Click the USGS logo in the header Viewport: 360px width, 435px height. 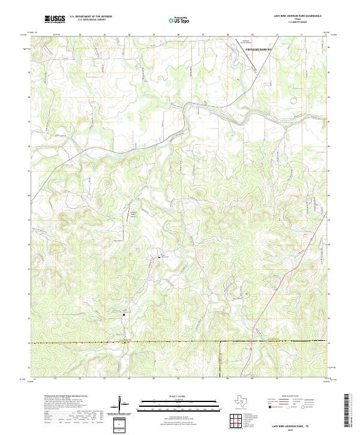click(55, 19)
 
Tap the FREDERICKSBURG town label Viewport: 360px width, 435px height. click(259, 47)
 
